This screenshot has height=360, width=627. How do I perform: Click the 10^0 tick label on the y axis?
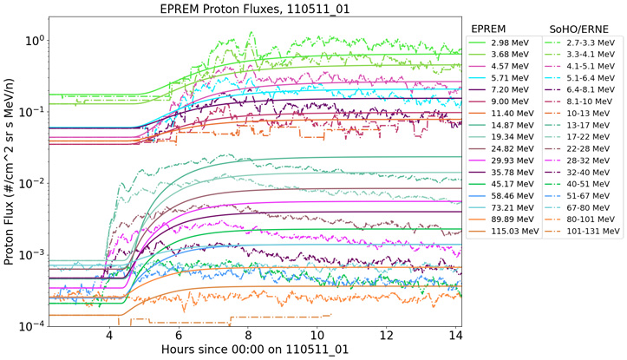coord(36,41)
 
